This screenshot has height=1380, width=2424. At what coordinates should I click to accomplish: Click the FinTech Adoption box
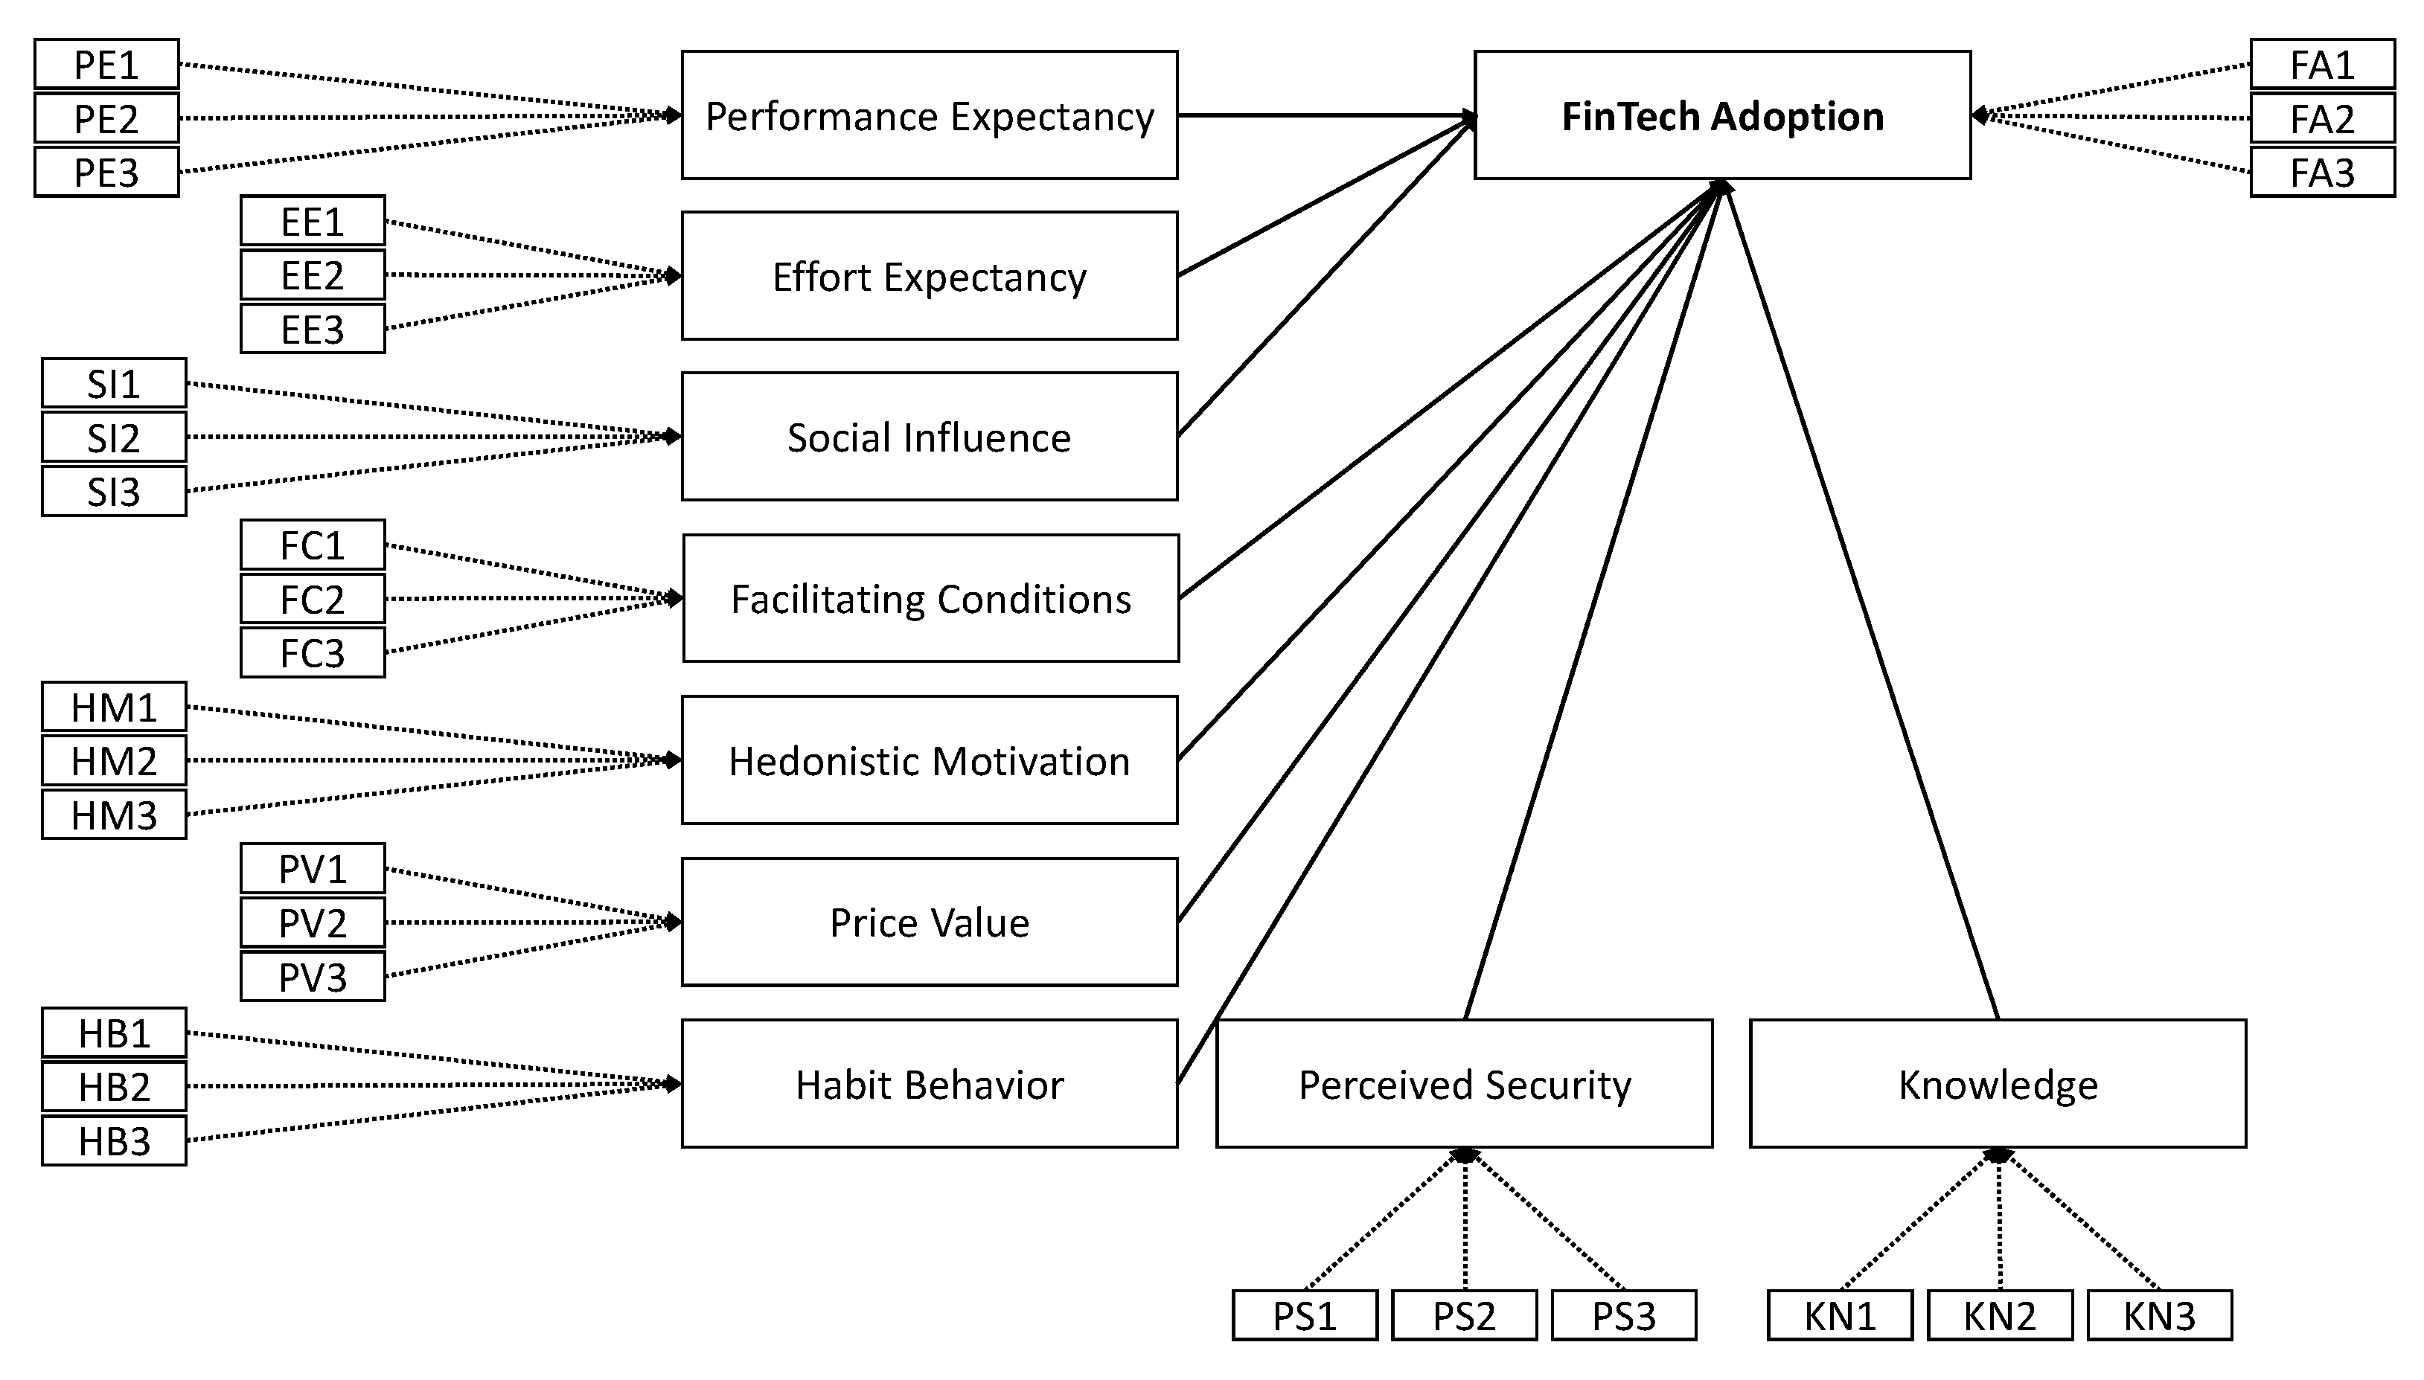1721,115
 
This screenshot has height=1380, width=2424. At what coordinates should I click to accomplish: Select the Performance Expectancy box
929,115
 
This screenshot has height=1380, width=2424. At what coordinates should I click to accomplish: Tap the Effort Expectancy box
929,276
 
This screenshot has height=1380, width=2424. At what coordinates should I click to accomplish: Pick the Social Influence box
929,437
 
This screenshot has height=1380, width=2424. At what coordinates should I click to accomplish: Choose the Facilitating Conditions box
930,598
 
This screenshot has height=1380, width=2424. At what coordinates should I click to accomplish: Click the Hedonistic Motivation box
929,760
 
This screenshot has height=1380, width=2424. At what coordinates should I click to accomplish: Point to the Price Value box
929,922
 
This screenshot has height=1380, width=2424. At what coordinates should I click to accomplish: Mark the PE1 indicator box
106,65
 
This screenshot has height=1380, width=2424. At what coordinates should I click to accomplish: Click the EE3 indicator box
312,329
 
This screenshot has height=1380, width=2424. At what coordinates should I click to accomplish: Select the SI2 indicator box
114,437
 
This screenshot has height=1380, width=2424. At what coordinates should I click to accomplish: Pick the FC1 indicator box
312,545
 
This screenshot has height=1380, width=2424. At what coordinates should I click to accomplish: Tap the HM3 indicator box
114,814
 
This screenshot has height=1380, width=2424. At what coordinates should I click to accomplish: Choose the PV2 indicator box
312,922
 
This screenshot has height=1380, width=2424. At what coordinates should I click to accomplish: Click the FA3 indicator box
2321,173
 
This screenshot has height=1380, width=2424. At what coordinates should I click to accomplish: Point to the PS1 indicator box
1305,1315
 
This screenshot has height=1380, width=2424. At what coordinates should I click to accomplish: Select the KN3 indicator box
2160,1315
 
